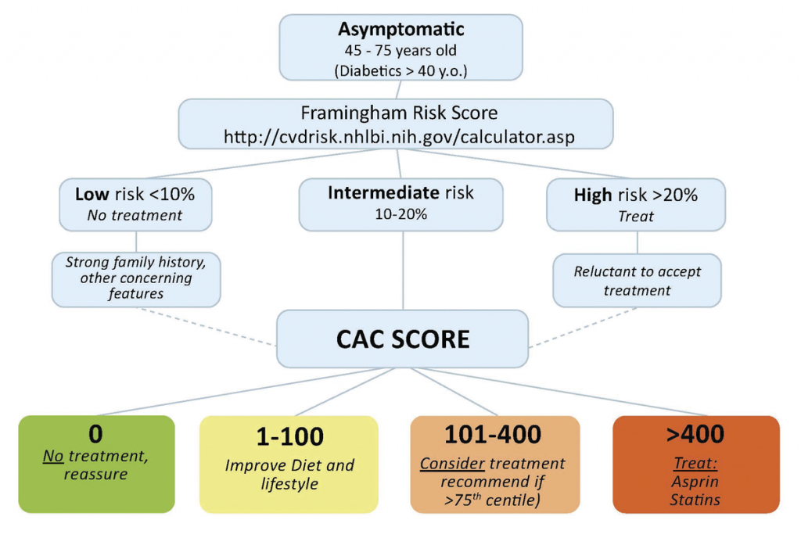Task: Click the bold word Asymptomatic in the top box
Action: (x=400, y=30)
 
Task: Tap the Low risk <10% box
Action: (x=135, y=203)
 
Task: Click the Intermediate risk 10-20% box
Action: (x=400, y=203)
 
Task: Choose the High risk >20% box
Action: (x=636, y=203)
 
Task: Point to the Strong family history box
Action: (x=136, y=278)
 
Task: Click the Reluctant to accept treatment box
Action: (x=637, y=281)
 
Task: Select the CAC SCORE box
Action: (x=402, y=339)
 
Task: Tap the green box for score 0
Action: (x=96, y=463)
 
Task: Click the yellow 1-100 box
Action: (x=289, y=463)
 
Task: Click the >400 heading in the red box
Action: (x=695, y=434)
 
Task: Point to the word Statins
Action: (x=695, y=500)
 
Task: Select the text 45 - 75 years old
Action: (x=400, y=51)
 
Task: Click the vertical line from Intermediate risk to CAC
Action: (x=403, y=270)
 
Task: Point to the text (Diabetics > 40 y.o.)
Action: (x=400, y=71)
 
